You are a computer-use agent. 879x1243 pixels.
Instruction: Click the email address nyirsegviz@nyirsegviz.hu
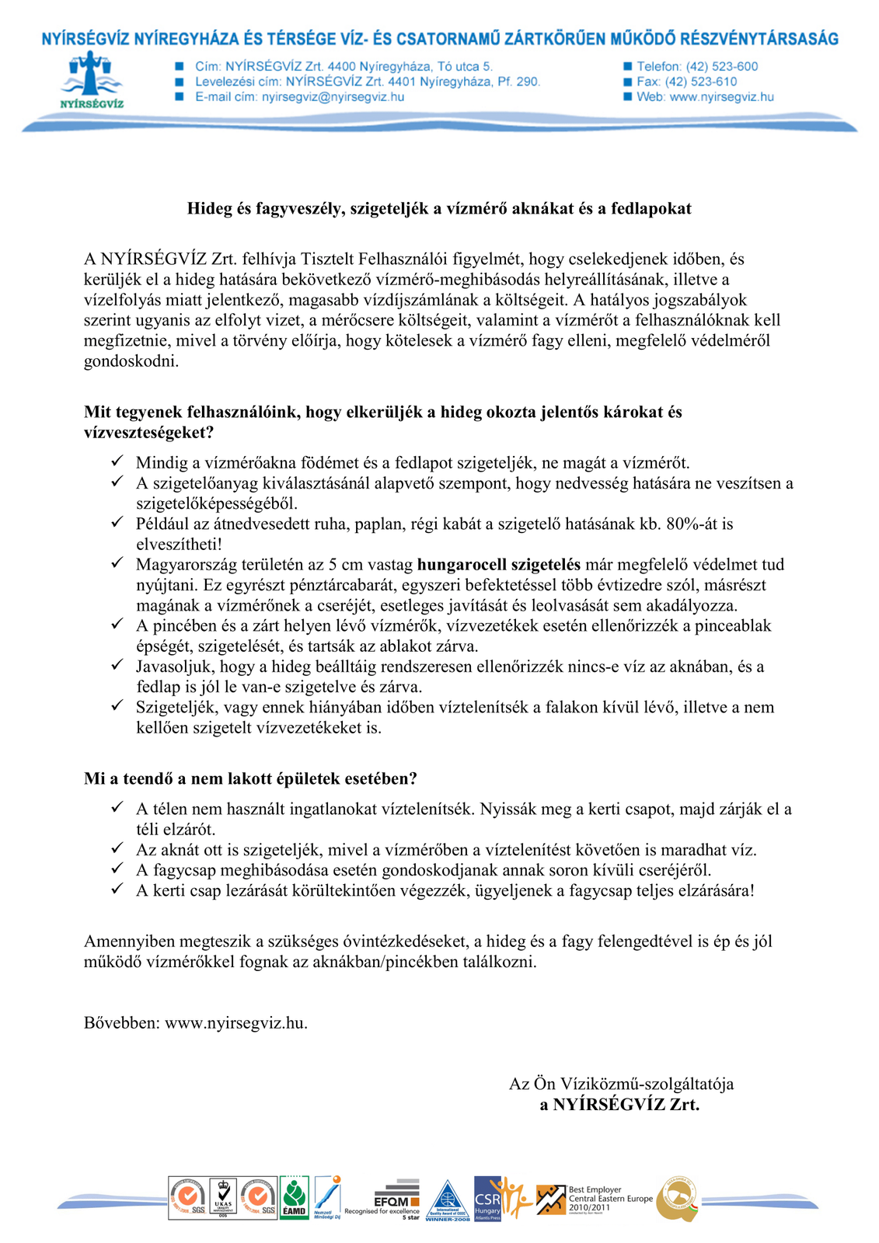333,97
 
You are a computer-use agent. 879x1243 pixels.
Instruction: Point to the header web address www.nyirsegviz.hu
721,97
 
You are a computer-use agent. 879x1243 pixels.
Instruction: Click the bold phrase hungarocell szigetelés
498,565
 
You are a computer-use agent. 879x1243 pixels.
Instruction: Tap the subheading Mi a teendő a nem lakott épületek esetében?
250,778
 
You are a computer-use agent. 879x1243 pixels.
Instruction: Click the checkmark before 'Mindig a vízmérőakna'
117,462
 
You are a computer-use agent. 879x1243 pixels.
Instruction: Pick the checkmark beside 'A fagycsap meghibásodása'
117,869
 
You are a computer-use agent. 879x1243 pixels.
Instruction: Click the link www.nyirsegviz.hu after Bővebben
236,1022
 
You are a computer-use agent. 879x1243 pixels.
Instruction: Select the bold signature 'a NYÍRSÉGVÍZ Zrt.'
619,1104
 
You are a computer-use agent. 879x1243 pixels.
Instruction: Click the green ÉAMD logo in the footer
294,1198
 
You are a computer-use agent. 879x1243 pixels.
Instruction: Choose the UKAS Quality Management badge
223,1197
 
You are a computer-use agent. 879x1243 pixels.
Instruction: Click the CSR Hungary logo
488,1197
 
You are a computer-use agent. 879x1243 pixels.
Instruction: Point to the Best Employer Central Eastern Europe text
610,1198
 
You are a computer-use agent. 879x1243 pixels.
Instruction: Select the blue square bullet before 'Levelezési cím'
180,82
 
